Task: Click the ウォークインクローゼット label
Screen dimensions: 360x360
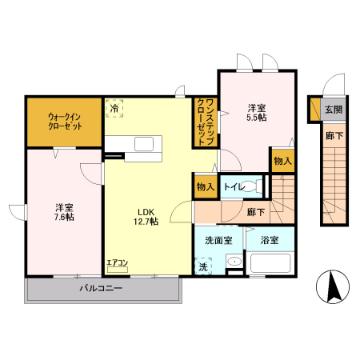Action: point(65,122)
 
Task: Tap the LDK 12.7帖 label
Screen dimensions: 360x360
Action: point(146,217)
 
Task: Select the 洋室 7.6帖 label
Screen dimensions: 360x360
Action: point(64,212)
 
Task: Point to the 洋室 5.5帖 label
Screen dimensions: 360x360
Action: point(257,113)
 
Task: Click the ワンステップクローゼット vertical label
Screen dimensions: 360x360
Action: point(206,122)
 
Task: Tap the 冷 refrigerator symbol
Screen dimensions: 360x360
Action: point(114,108)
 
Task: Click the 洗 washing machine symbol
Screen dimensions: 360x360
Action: point(203,266)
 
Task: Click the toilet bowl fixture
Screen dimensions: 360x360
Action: point(250,186)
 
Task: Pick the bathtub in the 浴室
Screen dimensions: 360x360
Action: point(270,263)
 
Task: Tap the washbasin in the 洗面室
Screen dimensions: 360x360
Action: point(234,261)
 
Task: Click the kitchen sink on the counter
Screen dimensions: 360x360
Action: point(144,144)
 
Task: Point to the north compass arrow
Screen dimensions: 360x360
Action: point(333,286)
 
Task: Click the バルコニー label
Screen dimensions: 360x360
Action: point(101,288)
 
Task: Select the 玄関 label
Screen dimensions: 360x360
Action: point(334,109)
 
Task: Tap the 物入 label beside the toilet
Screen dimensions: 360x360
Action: point(206,186)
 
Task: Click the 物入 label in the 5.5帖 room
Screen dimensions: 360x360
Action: point(283,161)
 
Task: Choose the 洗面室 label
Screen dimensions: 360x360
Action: point(218,240)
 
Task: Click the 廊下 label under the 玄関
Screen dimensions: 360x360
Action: point(334,136)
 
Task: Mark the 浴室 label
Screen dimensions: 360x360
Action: point(270,240)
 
